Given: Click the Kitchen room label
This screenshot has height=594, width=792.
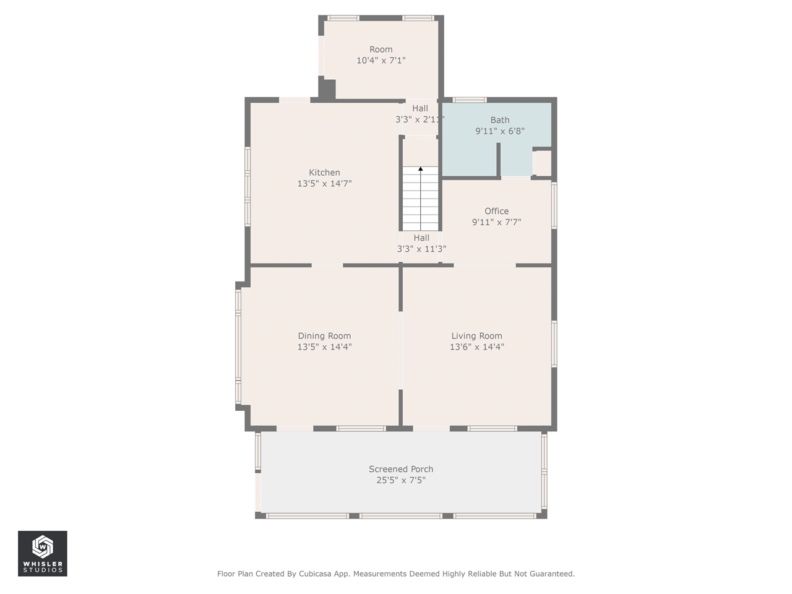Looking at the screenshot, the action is (324, 173).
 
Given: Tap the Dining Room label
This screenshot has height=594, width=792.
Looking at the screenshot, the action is (324, 336).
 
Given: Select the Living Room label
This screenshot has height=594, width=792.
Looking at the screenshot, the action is (476, 336).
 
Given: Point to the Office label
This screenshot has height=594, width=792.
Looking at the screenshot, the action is (496, 211).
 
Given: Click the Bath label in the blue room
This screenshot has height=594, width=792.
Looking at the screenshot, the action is (500, 120).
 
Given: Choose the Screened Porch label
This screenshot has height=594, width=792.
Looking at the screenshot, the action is (401, 469).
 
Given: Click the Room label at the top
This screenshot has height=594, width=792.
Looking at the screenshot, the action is (381, 49).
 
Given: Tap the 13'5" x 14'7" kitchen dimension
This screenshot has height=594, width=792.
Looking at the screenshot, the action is (324, 183).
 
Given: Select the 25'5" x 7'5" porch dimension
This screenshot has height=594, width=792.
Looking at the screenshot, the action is (401, 480).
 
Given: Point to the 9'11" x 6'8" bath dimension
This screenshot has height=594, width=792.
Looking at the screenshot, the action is (500, 131).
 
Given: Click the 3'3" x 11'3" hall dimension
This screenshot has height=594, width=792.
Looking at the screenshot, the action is (421, 249).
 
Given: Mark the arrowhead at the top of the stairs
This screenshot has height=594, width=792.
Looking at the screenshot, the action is (420, 168).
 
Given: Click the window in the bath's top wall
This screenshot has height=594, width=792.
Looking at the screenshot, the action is (470, 100).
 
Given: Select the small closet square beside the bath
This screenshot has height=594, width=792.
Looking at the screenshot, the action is (542, 163).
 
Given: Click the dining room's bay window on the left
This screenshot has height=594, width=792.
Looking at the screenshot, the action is (238, 346).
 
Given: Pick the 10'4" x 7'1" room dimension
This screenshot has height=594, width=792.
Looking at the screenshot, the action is (381, 60).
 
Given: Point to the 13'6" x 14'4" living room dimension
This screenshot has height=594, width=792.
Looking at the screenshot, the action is (476, 346).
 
